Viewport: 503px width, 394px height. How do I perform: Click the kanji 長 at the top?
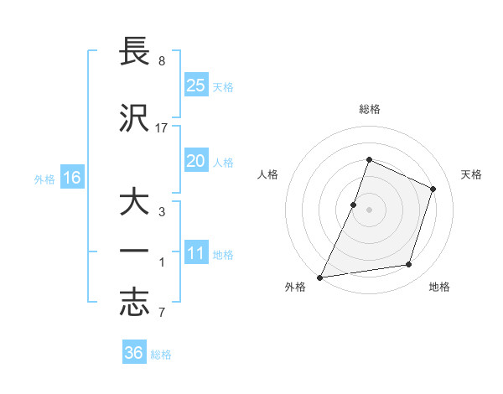[x=135, y=53]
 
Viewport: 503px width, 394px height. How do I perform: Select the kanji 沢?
[x=135, y=118]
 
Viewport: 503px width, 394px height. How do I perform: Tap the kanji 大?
[x=135, y=203]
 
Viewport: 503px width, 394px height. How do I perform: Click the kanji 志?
[x=135, y=303]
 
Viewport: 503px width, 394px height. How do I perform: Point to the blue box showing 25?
[x=195, y=85]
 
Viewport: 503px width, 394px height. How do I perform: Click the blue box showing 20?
[x=195, y=161]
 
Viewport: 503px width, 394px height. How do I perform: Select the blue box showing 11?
[x=195, y=253]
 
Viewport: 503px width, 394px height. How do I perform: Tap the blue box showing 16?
[x=72, y=177]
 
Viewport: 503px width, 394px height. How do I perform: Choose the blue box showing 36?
[x=134, y=353]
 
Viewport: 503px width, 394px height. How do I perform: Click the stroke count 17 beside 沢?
[x=162, y=127]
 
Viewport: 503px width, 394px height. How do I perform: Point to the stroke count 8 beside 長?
[x=162, y=61]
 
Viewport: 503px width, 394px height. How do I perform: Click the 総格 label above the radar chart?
[x=369, y=109]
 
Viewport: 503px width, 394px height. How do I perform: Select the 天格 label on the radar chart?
[x=471, y=174]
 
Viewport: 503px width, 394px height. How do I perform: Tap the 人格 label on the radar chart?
[x=267, y=174]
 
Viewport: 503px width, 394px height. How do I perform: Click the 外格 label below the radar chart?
[x=295, y=288]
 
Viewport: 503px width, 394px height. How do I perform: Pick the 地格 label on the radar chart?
[x=439, y=288]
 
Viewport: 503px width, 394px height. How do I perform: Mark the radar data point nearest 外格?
[x=320, y=277]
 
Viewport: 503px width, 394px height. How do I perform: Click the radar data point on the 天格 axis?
[x=433, y=189]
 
